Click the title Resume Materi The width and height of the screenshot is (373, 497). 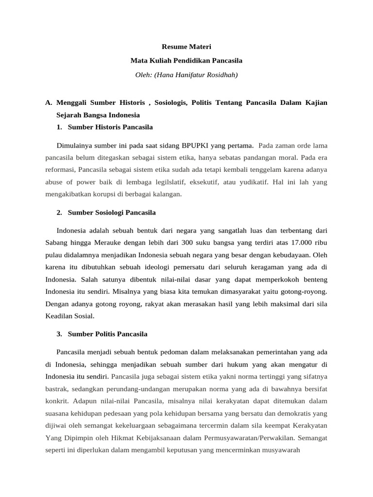pos(186,47)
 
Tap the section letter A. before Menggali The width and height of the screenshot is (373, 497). pos(48,103)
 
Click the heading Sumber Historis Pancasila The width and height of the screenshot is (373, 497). pos(110,127)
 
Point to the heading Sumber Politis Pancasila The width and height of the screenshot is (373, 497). pos(108,334)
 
